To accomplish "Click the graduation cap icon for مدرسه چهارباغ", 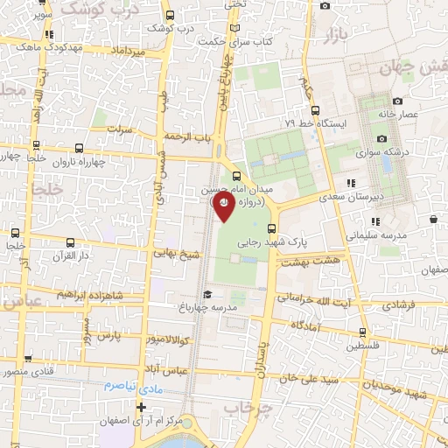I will coord(207,294).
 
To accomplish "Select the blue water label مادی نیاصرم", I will coord(130,385).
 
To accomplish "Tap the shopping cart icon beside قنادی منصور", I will coord(27,359).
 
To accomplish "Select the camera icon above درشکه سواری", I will coord(381,138).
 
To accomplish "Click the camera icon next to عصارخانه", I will coord(397,101).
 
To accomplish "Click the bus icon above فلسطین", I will coord(362,332).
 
